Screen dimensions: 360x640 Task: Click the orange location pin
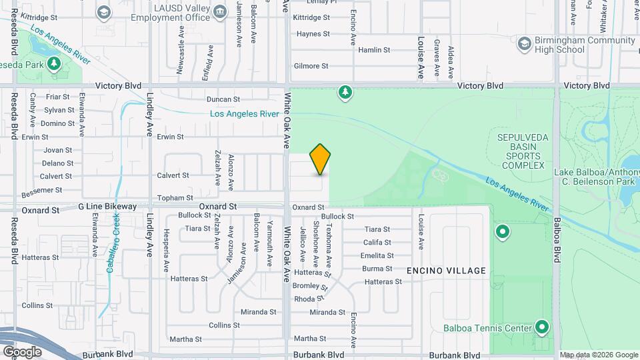pyautogui.click(x=321, y=159)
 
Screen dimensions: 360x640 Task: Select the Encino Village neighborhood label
pyautogui.click(x=447, y=271)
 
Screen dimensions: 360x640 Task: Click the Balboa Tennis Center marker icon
pyautogui.click(x=542, y=327)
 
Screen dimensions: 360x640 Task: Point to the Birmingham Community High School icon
pyautogui.click(x=524, y=43)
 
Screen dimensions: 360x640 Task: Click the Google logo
pyautogui.click(x=22, y=351)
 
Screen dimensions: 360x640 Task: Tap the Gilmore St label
pyautogui.click(x=311, y=66)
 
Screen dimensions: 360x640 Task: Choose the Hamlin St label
pyautogui.click(x=374, y=50)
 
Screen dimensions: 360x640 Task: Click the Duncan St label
pyautogui.click(x=223, y=99)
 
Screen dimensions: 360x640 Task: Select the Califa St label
pyautogui.click(x=377, y=243)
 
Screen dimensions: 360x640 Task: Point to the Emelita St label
pyautogui.click(x=377, y=256)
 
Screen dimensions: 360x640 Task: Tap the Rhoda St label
pyautogui.click(x=309, y=299)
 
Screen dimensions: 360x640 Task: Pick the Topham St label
pyautogui.click(x=175, y=198)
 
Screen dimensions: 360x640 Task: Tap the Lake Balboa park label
pyautogui.click(x=597, y=177)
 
